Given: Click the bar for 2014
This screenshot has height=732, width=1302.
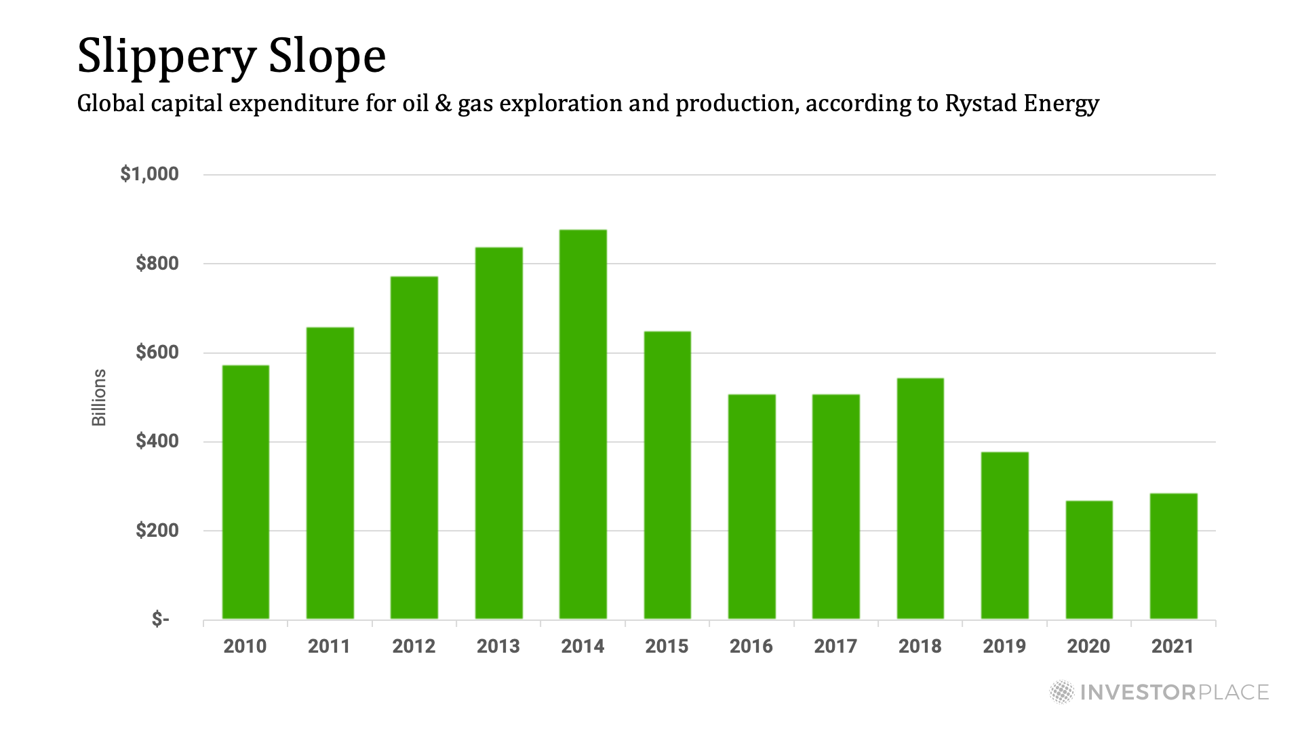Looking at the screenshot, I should pyautogui.click(x=583, y=424).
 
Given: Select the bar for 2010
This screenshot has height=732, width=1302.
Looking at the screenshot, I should pyautogui.click(x=245, y=492).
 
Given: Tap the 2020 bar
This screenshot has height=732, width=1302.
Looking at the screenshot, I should pyautogui.click(x=1089, y=560).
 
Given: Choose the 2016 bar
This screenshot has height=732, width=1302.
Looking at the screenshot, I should pyautogui.click(x=751, y=506).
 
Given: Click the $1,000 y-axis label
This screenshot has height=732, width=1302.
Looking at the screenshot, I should pyautogui.click(x=149, y=174).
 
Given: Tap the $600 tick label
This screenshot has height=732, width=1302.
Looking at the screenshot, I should pyautogui.click(x=157, y=352).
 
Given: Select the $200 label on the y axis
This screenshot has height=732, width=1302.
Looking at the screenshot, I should pyautogui.click(x=157, y=530).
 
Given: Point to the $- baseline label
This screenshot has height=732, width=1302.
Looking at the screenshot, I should pyautogui.click(x=161, y=619).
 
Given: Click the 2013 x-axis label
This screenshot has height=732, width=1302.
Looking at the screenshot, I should pyautogui.click(x=498, y=646).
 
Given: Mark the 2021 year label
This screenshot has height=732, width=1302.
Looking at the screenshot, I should pyautogui.click(x=1173, y=646).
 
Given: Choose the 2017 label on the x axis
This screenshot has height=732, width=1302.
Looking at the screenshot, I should pyautogui.click(x=835, y=646).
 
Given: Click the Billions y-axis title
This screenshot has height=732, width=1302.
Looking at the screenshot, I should pyautogui.click(x=99, y=397).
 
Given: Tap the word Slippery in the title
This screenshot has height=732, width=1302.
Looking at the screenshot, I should pyautogui.click(x=167, y=57).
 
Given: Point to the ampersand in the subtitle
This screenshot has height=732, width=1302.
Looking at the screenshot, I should pyautogui.click(x=443, y=104).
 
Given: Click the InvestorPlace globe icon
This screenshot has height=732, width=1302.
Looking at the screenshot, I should pyautogui.click(x=1062, y=692).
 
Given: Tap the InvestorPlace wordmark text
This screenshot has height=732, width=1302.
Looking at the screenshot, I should pyautogui.click(x=1174, y=692).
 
